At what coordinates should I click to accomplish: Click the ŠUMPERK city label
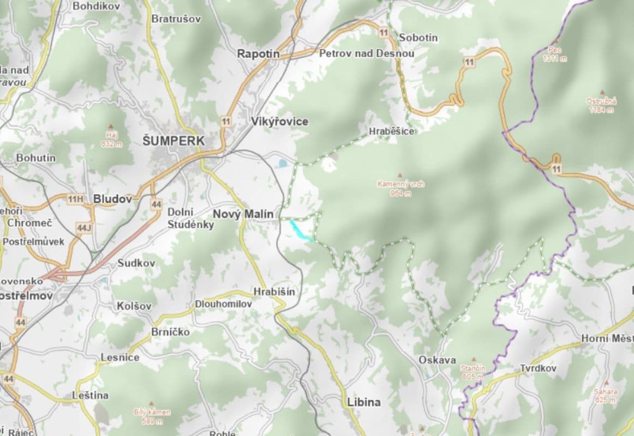[x=174, y=141]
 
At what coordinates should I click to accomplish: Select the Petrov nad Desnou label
[x=366, y=53]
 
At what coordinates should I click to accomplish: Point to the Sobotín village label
[x=418, y=38]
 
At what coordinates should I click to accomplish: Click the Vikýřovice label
[x=279, y=122]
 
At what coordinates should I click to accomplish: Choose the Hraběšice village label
[x=391, y=131]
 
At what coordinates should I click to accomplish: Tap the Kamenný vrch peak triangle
[x=400, y=175]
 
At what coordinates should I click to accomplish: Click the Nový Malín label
[x=243, y=214]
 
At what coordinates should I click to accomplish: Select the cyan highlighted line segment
[x=301, y=231]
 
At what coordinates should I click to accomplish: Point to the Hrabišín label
[x=274, y=292]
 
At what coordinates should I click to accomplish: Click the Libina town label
[x=363, y=402]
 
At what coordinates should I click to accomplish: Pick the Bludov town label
[x=112, y=199]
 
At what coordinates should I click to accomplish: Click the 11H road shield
[x=75, y=199]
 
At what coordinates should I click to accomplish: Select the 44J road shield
[x=83, y=227]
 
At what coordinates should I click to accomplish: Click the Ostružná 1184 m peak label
[x=601, y=105]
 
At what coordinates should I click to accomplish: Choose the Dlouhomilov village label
[x=224, y=304]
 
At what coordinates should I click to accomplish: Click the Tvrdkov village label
[x=538, y=368]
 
